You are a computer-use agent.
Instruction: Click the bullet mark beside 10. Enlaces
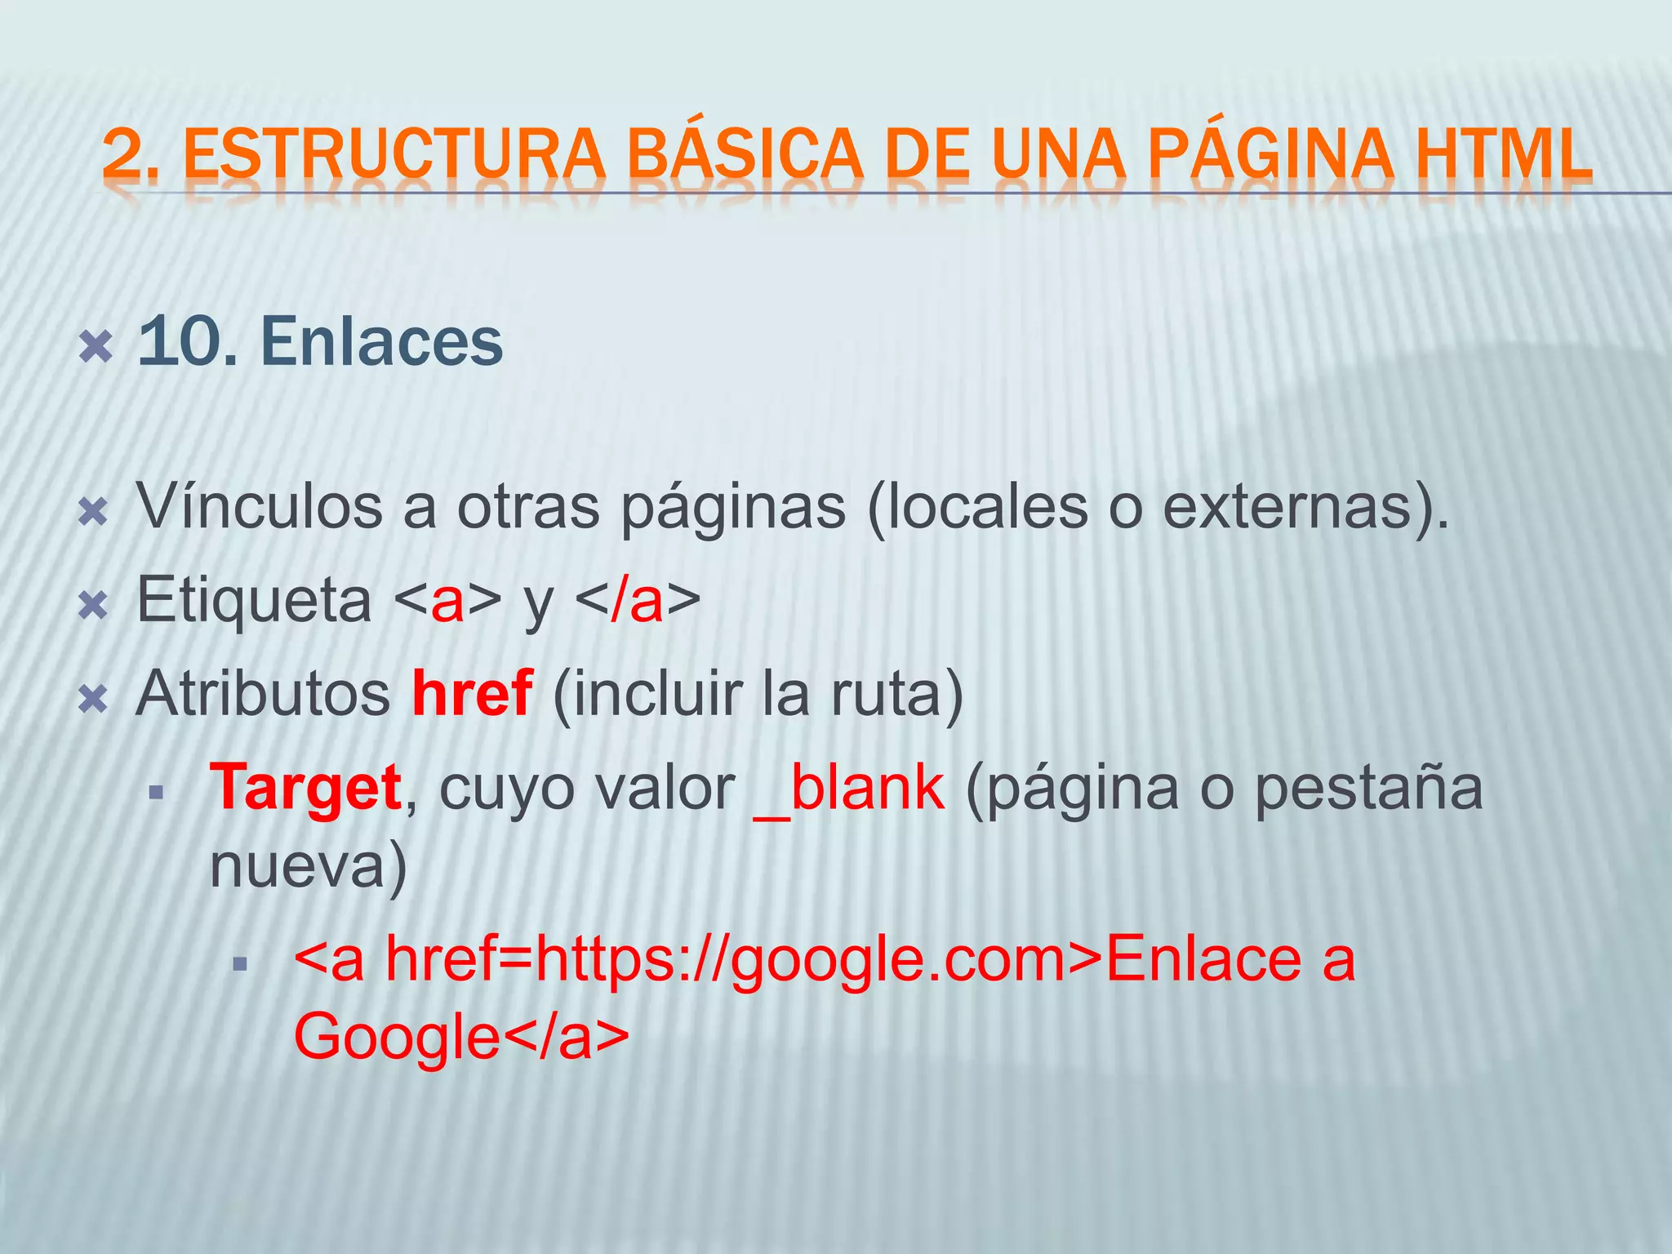(95, 348)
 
